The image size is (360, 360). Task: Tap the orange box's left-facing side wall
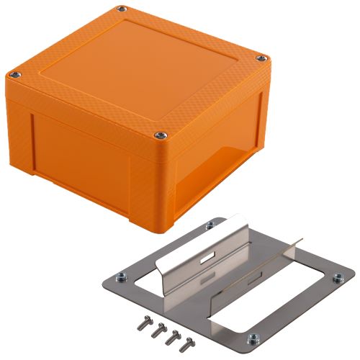[72, 151]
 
